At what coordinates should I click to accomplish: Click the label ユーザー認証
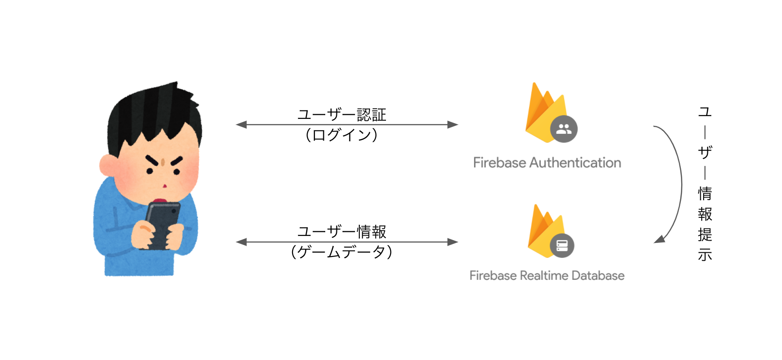click(x=342, y=115)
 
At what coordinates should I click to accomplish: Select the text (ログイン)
click(x=342, y=135)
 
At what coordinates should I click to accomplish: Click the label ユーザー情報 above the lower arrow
click(x=342, y=232)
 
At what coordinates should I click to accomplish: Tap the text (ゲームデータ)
click(x=342, y=252)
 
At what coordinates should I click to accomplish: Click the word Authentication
click(x=575, y=163)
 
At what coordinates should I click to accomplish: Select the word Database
click(x=598, y=276)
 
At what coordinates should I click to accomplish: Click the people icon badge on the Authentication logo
click(x=564, y=129)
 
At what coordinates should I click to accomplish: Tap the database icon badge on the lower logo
click(x=562, y=246)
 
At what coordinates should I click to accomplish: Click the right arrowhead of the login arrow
click(x=453, y=125)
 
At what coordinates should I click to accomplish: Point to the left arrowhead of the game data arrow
click(x=242, y=242)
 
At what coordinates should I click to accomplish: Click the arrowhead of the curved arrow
click(x=660, y=239)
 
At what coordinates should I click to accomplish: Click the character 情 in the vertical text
click(x=705, y=193)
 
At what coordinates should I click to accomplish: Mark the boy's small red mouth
click(x=165, y=186)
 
